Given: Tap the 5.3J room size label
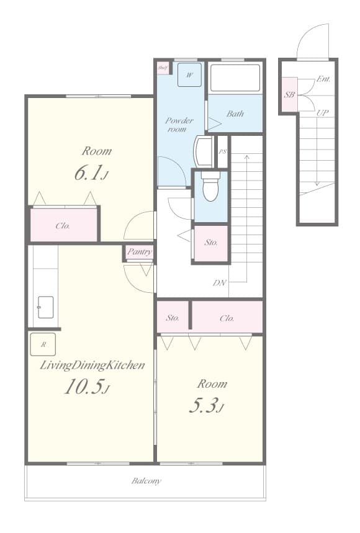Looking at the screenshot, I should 205,406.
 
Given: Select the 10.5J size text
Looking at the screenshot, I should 87,387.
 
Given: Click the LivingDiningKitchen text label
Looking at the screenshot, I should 92,365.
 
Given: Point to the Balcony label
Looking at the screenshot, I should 146,481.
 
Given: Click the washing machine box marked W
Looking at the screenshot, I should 189,74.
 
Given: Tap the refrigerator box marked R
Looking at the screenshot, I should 43,344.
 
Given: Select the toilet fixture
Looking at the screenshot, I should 210,186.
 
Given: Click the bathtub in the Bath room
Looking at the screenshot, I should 235,78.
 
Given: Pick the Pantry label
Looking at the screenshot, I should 139,252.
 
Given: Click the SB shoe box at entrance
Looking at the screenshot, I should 289,95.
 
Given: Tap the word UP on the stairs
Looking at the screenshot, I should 323,113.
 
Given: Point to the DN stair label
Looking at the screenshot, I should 220,283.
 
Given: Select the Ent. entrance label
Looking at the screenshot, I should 323,79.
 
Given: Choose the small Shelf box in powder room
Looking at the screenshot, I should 163,68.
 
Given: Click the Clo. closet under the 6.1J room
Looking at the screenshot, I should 63,226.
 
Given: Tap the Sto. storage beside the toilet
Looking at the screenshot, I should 210,243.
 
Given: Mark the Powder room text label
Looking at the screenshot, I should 179,125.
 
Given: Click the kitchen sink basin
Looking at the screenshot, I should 45,307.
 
